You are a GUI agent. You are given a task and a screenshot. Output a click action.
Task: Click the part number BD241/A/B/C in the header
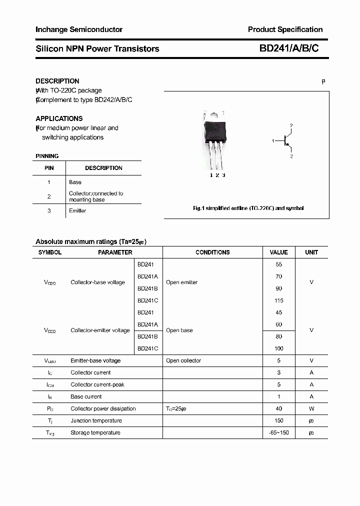[x=288, y=48]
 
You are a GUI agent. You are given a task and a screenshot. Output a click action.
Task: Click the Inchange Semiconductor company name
[x=79, y=29]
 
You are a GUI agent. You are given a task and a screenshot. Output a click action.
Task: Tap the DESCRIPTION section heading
[x=57, y=81]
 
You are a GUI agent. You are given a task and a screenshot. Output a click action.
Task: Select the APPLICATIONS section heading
[x=59, y=118]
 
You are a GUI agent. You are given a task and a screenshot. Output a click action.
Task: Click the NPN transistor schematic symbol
[x=285, y=141]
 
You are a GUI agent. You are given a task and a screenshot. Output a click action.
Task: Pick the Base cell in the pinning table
[x=75, y=182]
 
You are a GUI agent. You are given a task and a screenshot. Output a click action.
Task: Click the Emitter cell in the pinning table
[x=77, y=211]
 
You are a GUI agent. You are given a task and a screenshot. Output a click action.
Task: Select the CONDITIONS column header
[x=212, y=252]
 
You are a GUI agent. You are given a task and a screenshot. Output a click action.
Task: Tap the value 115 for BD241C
[x=278, y=300]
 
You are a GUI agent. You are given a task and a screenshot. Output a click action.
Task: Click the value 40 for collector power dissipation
[x=278, y=408]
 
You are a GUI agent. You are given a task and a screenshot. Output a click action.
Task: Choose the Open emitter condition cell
[x=181, y=282]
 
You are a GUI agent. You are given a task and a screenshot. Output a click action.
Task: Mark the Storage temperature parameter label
[x=95, y=432]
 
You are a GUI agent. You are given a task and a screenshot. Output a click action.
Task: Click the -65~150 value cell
[x=278, y=432]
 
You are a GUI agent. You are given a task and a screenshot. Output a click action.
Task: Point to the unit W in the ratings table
[x=311, y=408]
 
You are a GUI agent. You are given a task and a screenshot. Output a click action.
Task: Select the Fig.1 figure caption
[x=248, y=208]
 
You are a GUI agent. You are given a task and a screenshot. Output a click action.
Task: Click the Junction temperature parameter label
[x=96, y=420]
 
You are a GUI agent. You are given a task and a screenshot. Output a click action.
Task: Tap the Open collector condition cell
[x=183, y=360]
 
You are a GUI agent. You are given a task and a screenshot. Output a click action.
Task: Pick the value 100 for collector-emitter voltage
[x=278, y=348]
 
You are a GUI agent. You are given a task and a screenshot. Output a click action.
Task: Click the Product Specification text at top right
[x=285, y=29]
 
